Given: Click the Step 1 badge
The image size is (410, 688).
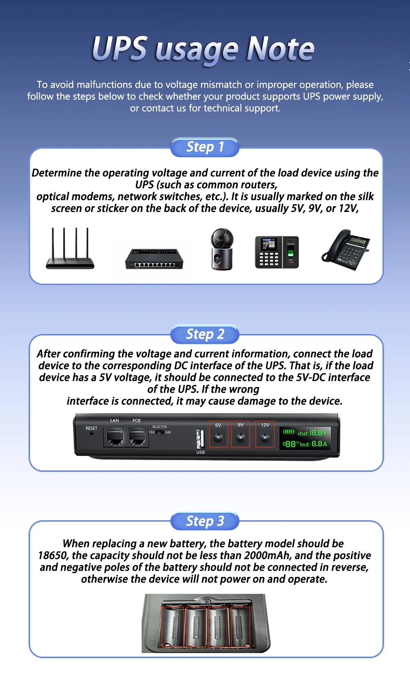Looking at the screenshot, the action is [205, 147].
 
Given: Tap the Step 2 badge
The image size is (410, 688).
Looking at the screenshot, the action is [205, 334].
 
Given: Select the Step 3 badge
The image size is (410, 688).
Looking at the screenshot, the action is [205, 521].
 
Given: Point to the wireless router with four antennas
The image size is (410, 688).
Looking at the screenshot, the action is [70, 248].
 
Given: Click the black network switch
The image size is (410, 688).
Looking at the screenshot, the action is [154, 259].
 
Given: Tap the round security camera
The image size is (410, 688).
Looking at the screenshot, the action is [222, 249].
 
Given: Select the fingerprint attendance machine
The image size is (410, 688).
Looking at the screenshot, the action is [277, 252].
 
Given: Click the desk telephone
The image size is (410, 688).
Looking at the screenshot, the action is [346, 250].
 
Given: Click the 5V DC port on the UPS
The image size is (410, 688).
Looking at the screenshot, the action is [219, 437].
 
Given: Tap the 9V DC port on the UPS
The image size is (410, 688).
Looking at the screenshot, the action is [241, 437].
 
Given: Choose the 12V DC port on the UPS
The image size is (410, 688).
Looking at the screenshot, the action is [265, 437].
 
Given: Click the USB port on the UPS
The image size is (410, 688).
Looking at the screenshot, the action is [200, 439].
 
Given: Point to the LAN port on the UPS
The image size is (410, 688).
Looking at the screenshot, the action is [114, 436].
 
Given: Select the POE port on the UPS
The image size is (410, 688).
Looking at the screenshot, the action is [137, 436].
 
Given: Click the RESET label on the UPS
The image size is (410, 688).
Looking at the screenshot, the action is [91, 428].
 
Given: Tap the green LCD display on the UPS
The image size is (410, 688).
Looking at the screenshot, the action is [305, 438].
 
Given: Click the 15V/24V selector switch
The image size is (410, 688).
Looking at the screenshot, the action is [160, 432].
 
